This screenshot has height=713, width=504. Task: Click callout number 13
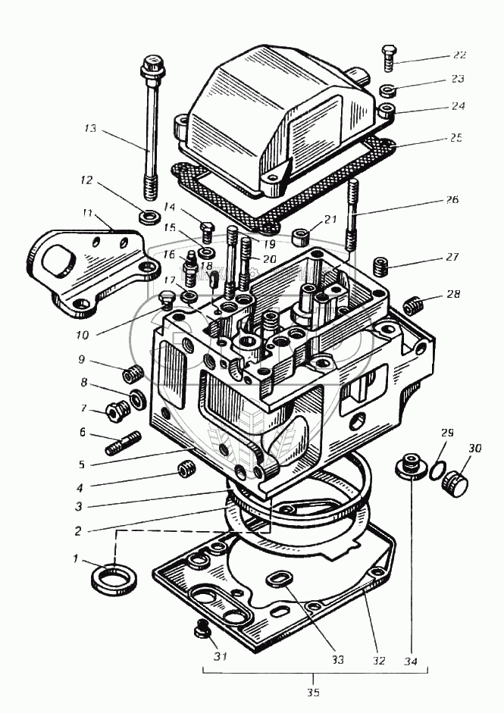(90, 129)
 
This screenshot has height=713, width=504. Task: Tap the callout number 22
(459, 55)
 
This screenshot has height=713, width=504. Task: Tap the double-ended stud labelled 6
(121, 443)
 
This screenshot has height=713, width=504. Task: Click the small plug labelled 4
(186, 471)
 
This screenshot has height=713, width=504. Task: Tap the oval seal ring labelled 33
(278, 579)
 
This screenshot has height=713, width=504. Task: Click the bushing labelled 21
(301, 237)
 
